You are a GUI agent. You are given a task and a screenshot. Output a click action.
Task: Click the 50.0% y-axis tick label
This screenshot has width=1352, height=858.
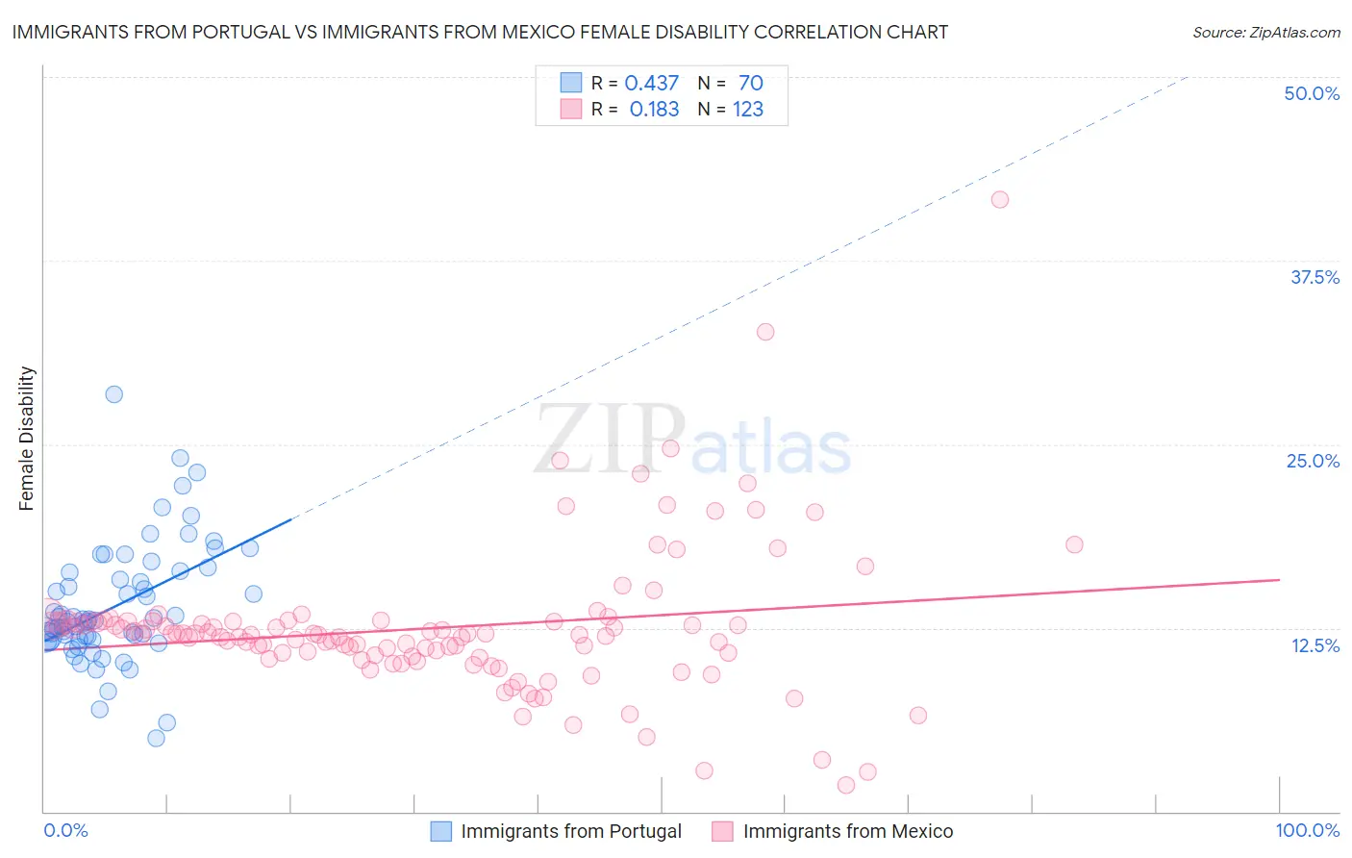[1312, 93]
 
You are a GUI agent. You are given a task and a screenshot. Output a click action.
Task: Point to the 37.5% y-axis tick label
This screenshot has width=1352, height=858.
[1314, 277]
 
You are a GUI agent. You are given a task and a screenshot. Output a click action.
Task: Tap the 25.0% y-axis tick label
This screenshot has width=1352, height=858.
[1313, 461]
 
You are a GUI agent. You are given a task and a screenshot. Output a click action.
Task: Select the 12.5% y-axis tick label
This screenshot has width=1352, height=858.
[1314, 645]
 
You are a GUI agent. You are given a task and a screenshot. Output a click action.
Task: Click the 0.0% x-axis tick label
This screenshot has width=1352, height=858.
[65, 830]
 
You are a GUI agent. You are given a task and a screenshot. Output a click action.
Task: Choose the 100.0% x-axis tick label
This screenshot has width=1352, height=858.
[1307, 830]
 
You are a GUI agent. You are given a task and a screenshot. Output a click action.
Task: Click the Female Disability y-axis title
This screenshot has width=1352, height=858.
[27, 439]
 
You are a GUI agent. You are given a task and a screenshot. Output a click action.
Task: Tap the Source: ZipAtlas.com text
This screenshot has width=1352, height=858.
[1265, 33]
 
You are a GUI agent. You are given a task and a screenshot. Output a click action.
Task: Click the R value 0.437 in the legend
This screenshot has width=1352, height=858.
[651, 84]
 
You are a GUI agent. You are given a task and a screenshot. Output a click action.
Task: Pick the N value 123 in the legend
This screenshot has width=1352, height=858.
[747, 110]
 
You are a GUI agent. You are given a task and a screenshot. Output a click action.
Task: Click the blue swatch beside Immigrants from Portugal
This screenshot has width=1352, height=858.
[440, 831]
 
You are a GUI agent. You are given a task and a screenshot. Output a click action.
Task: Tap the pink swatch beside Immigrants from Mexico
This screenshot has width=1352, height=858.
[722, 831]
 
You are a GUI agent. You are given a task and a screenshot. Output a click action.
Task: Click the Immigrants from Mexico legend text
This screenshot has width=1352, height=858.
[847, 831]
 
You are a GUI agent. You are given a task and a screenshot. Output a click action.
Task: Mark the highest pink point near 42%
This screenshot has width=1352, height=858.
[1000, 199]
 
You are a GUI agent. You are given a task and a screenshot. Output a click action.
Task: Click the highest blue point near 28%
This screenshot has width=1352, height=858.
[113, 394]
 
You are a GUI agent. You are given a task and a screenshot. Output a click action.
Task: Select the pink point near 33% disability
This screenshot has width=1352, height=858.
[765, 332]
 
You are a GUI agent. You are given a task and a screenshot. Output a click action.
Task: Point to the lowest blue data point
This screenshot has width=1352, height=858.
[156, 738]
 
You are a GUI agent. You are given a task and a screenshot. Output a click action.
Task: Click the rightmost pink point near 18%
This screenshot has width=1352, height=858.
[1074, 544]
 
